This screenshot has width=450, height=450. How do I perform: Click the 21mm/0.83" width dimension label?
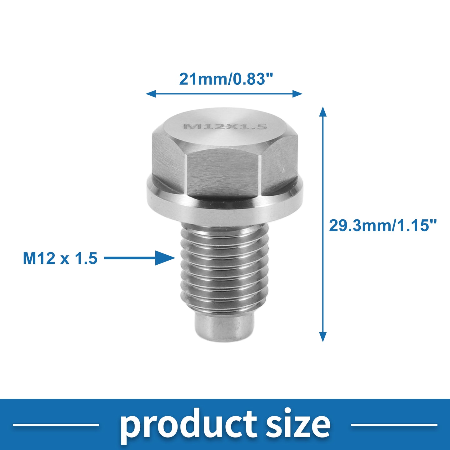click(x=226, y=79)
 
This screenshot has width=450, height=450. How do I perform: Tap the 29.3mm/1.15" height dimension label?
click(x=383, y=225)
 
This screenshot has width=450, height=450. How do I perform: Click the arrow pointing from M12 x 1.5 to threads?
click(x=140, y=258)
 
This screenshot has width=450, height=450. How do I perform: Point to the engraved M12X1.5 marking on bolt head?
click(x=225, y=127)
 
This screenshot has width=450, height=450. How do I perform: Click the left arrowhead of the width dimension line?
click(x=151, y=94)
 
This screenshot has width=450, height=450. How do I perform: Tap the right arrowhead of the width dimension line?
click(x=297, y=94)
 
